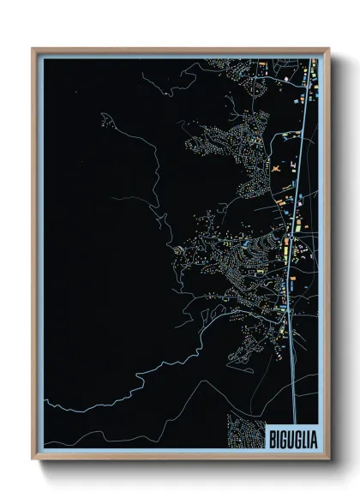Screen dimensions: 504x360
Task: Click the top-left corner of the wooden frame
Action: (33, 50)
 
